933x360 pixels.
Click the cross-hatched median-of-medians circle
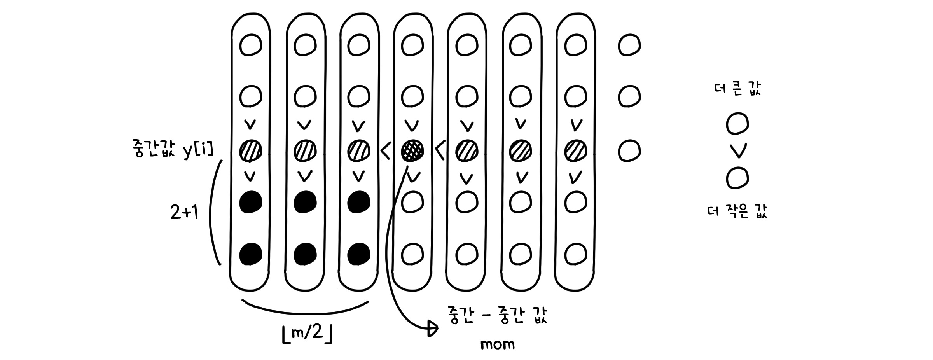412,150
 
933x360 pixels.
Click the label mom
497,344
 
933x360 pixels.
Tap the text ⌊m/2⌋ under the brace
307,334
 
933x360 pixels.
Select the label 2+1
185,213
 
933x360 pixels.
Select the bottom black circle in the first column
250,254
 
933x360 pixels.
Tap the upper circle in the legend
737,124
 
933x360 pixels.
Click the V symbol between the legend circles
737,151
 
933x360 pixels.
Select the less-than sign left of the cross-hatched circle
386,152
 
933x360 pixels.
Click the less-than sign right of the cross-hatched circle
440,152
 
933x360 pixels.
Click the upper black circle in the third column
358,202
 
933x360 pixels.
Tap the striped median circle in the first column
250,150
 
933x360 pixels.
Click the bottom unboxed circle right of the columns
629,150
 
